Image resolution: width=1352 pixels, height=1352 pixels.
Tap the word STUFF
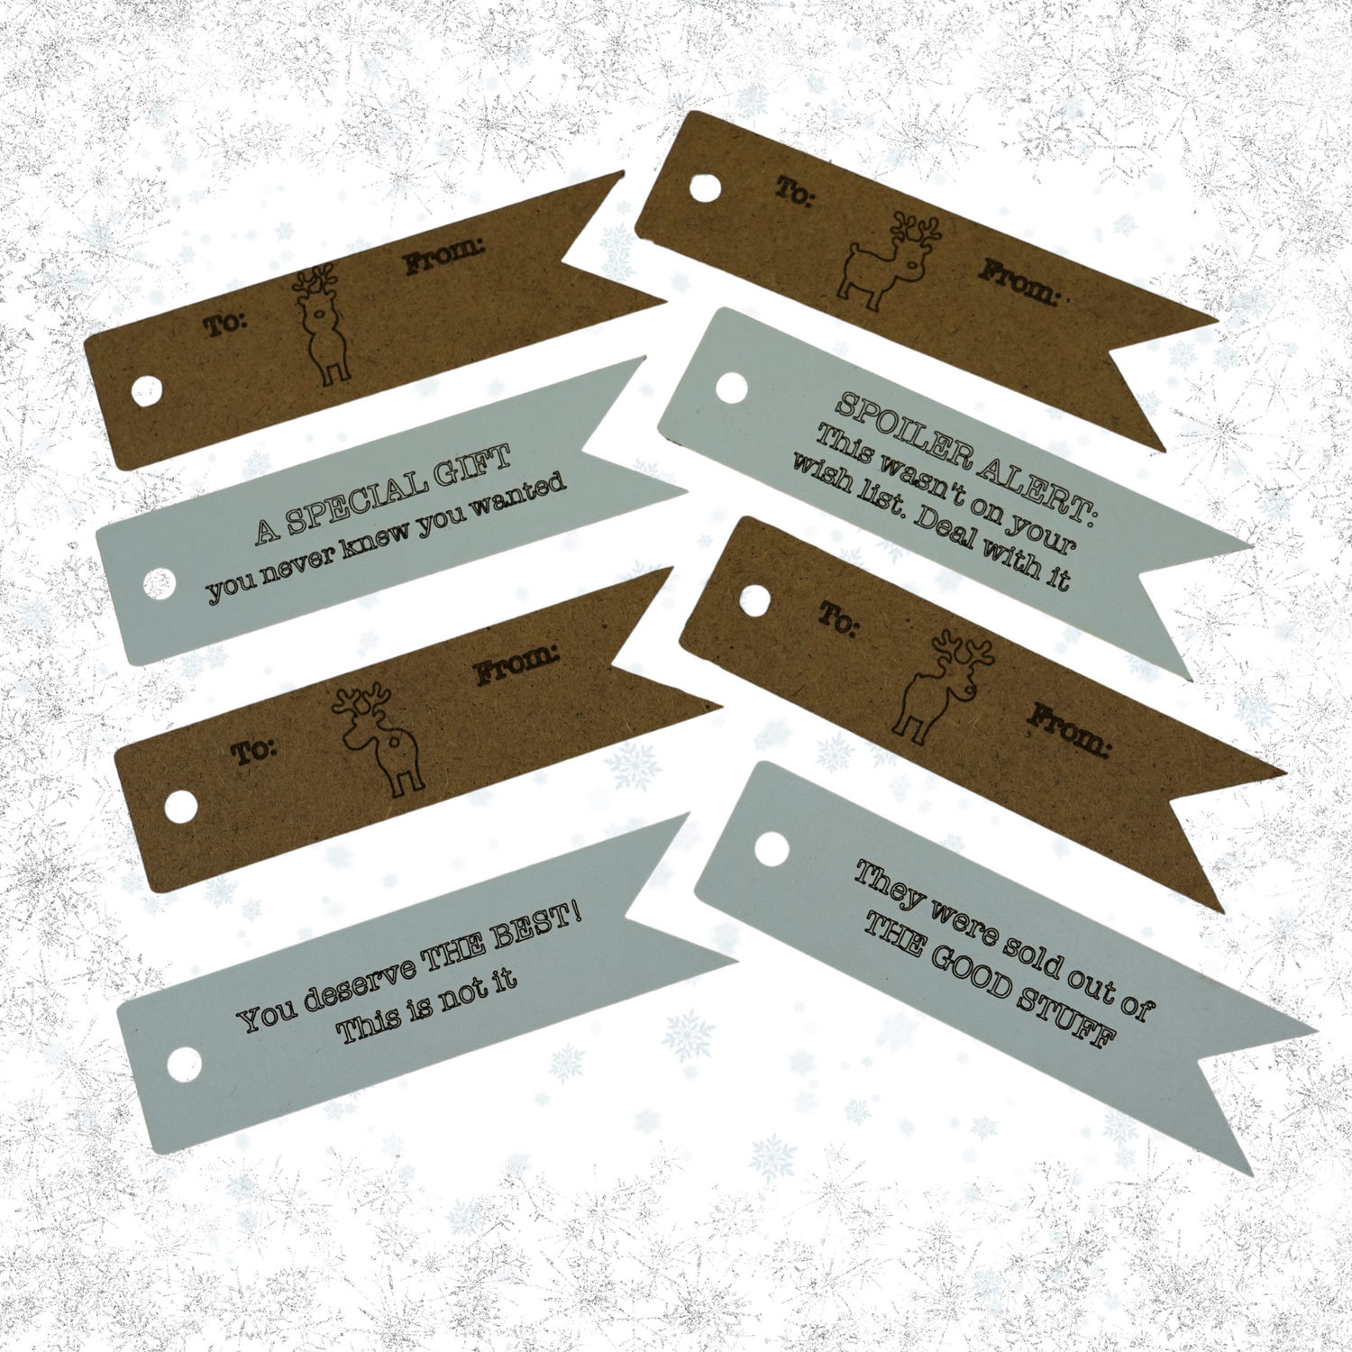tap(1069, 1014)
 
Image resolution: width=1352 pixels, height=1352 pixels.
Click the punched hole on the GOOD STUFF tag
tap(772, 848)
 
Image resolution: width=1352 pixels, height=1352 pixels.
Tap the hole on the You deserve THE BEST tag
tap(184, 1064)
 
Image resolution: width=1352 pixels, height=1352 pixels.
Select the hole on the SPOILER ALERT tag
tap(732, 388)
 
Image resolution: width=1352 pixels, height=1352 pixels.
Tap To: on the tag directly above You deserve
tap(255, 751)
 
